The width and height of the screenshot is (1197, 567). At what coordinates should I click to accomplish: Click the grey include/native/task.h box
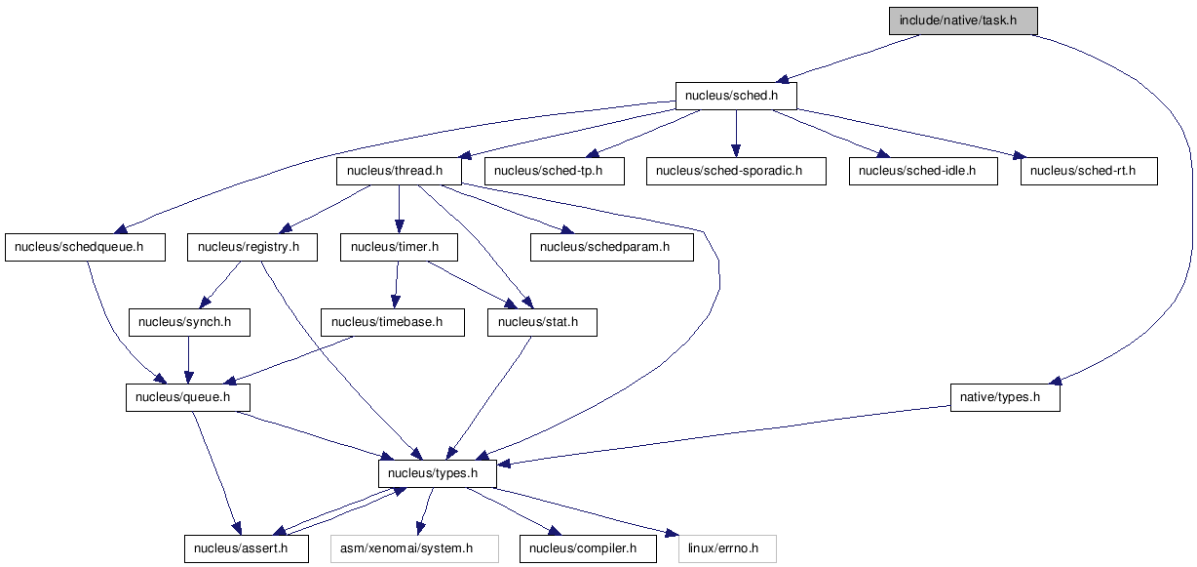[963, 20]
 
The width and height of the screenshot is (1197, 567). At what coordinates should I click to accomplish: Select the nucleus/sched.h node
[736, 96]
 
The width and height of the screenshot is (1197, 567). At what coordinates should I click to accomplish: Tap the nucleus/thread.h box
[399, 171]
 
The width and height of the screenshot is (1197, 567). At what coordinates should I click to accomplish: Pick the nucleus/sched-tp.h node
[554, 171]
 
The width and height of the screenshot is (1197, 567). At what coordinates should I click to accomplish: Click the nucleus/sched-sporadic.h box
[736, 171]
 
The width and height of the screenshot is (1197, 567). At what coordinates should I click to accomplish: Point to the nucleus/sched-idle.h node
[923, 171]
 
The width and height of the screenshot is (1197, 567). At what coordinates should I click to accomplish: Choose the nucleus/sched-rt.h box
[1089, 171]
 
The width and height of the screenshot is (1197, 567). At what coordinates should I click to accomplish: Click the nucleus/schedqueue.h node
[85, 247]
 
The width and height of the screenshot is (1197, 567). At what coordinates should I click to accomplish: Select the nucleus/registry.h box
[252, 247]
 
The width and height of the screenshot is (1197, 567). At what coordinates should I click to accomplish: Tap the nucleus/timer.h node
[399, 247]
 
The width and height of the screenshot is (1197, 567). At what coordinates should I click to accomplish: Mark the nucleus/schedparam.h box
[612, 247]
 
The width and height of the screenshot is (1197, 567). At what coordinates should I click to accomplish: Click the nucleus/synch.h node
[189, 322]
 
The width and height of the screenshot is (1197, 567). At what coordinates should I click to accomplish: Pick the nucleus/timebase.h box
[392, 322]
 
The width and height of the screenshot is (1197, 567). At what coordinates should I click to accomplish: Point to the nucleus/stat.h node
[542, 322]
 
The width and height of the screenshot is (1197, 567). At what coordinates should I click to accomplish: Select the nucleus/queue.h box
[187, 397]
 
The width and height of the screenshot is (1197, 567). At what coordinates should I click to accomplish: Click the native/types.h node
[1005, 397]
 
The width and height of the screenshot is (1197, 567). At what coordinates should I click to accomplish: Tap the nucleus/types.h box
[437, 473]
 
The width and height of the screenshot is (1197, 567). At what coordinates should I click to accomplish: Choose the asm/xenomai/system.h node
[414, 548]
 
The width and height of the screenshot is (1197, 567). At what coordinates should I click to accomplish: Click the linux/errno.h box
[727, 548]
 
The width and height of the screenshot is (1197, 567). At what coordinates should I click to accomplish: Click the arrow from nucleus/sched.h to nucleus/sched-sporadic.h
[736, 134]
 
